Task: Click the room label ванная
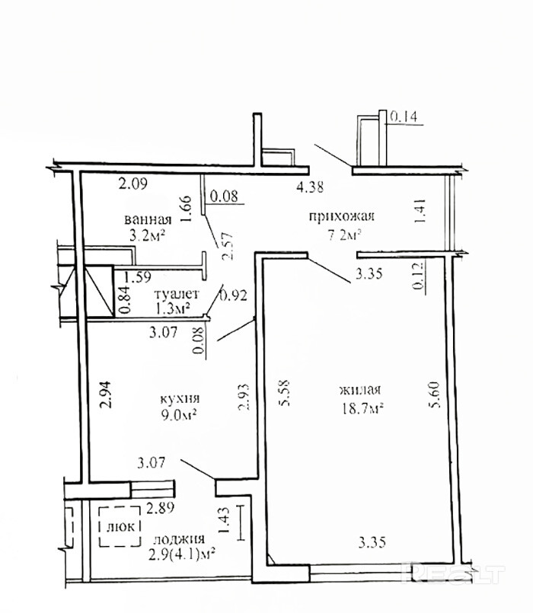coord(148,219)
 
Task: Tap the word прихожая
coord(341,216)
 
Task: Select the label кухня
coord(180,399)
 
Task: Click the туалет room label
coord(177,293)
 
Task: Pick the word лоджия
coord(179,539)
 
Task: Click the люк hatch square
coord(120,526)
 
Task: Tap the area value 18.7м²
coord(362,409)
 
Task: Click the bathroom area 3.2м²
coord(147,236)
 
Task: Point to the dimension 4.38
coord(310,187)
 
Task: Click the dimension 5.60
coord(435,394)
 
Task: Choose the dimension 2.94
coord(107,394)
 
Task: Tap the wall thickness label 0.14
coord(404,117)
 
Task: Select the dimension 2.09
coord(133,184)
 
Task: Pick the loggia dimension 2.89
coord(160,509)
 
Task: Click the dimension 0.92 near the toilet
coord(234,295)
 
